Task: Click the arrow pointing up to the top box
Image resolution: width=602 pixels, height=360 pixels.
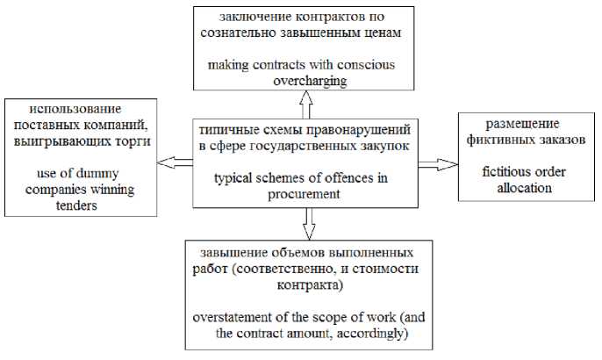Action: (306, 105)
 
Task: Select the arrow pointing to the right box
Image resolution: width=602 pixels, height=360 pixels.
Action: (439, 162)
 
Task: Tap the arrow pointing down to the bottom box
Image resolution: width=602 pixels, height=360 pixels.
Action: (307, 222)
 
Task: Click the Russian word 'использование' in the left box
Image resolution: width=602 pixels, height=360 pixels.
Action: (74, 109)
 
